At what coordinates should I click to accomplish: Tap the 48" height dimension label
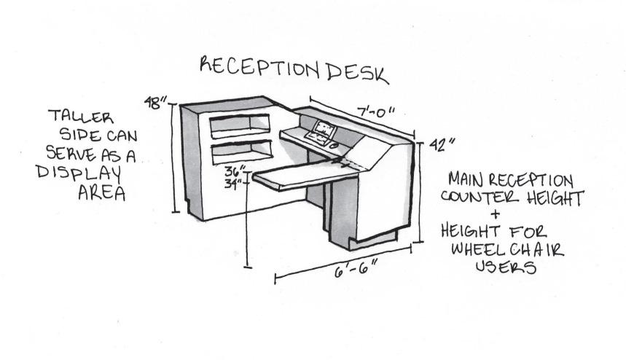point(152,103)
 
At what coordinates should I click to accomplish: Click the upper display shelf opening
point(240,126)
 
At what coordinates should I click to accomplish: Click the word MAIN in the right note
point(466,179)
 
